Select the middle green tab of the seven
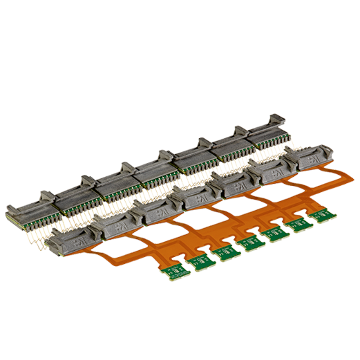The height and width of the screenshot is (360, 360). tap(248, 243)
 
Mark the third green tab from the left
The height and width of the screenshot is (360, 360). tap(225, 252)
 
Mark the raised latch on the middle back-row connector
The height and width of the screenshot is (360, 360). tap(164, 155)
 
